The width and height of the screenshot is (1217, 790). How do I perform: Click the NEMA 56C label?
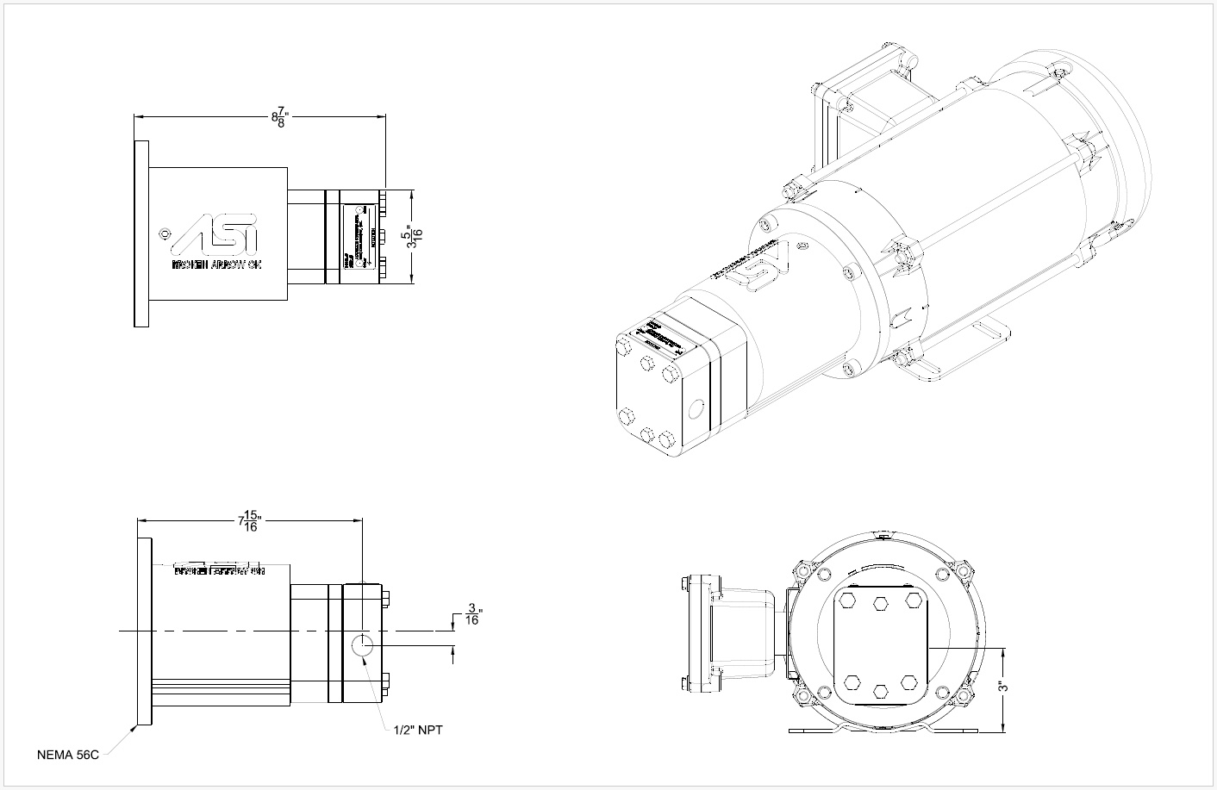[x=68, y=756]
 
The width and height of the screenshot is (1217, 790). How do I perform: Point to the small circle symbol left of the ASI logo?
[x=165, y=233]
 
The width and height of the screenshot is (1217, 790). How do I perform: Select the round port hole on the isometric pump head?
[x=697, y=409]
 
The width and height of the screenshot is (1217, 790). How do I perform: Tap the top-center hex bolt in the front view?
[x=880, y=603]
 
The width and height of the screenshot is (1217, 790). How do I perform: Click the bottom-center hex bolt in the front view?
[x=880, y=690]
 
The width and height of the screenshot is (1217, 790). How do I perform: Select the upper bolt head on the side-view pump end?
[x=385, y=597]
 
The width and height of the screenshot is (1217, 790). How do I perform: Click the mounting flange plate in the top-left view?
[x=141, y=233]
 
